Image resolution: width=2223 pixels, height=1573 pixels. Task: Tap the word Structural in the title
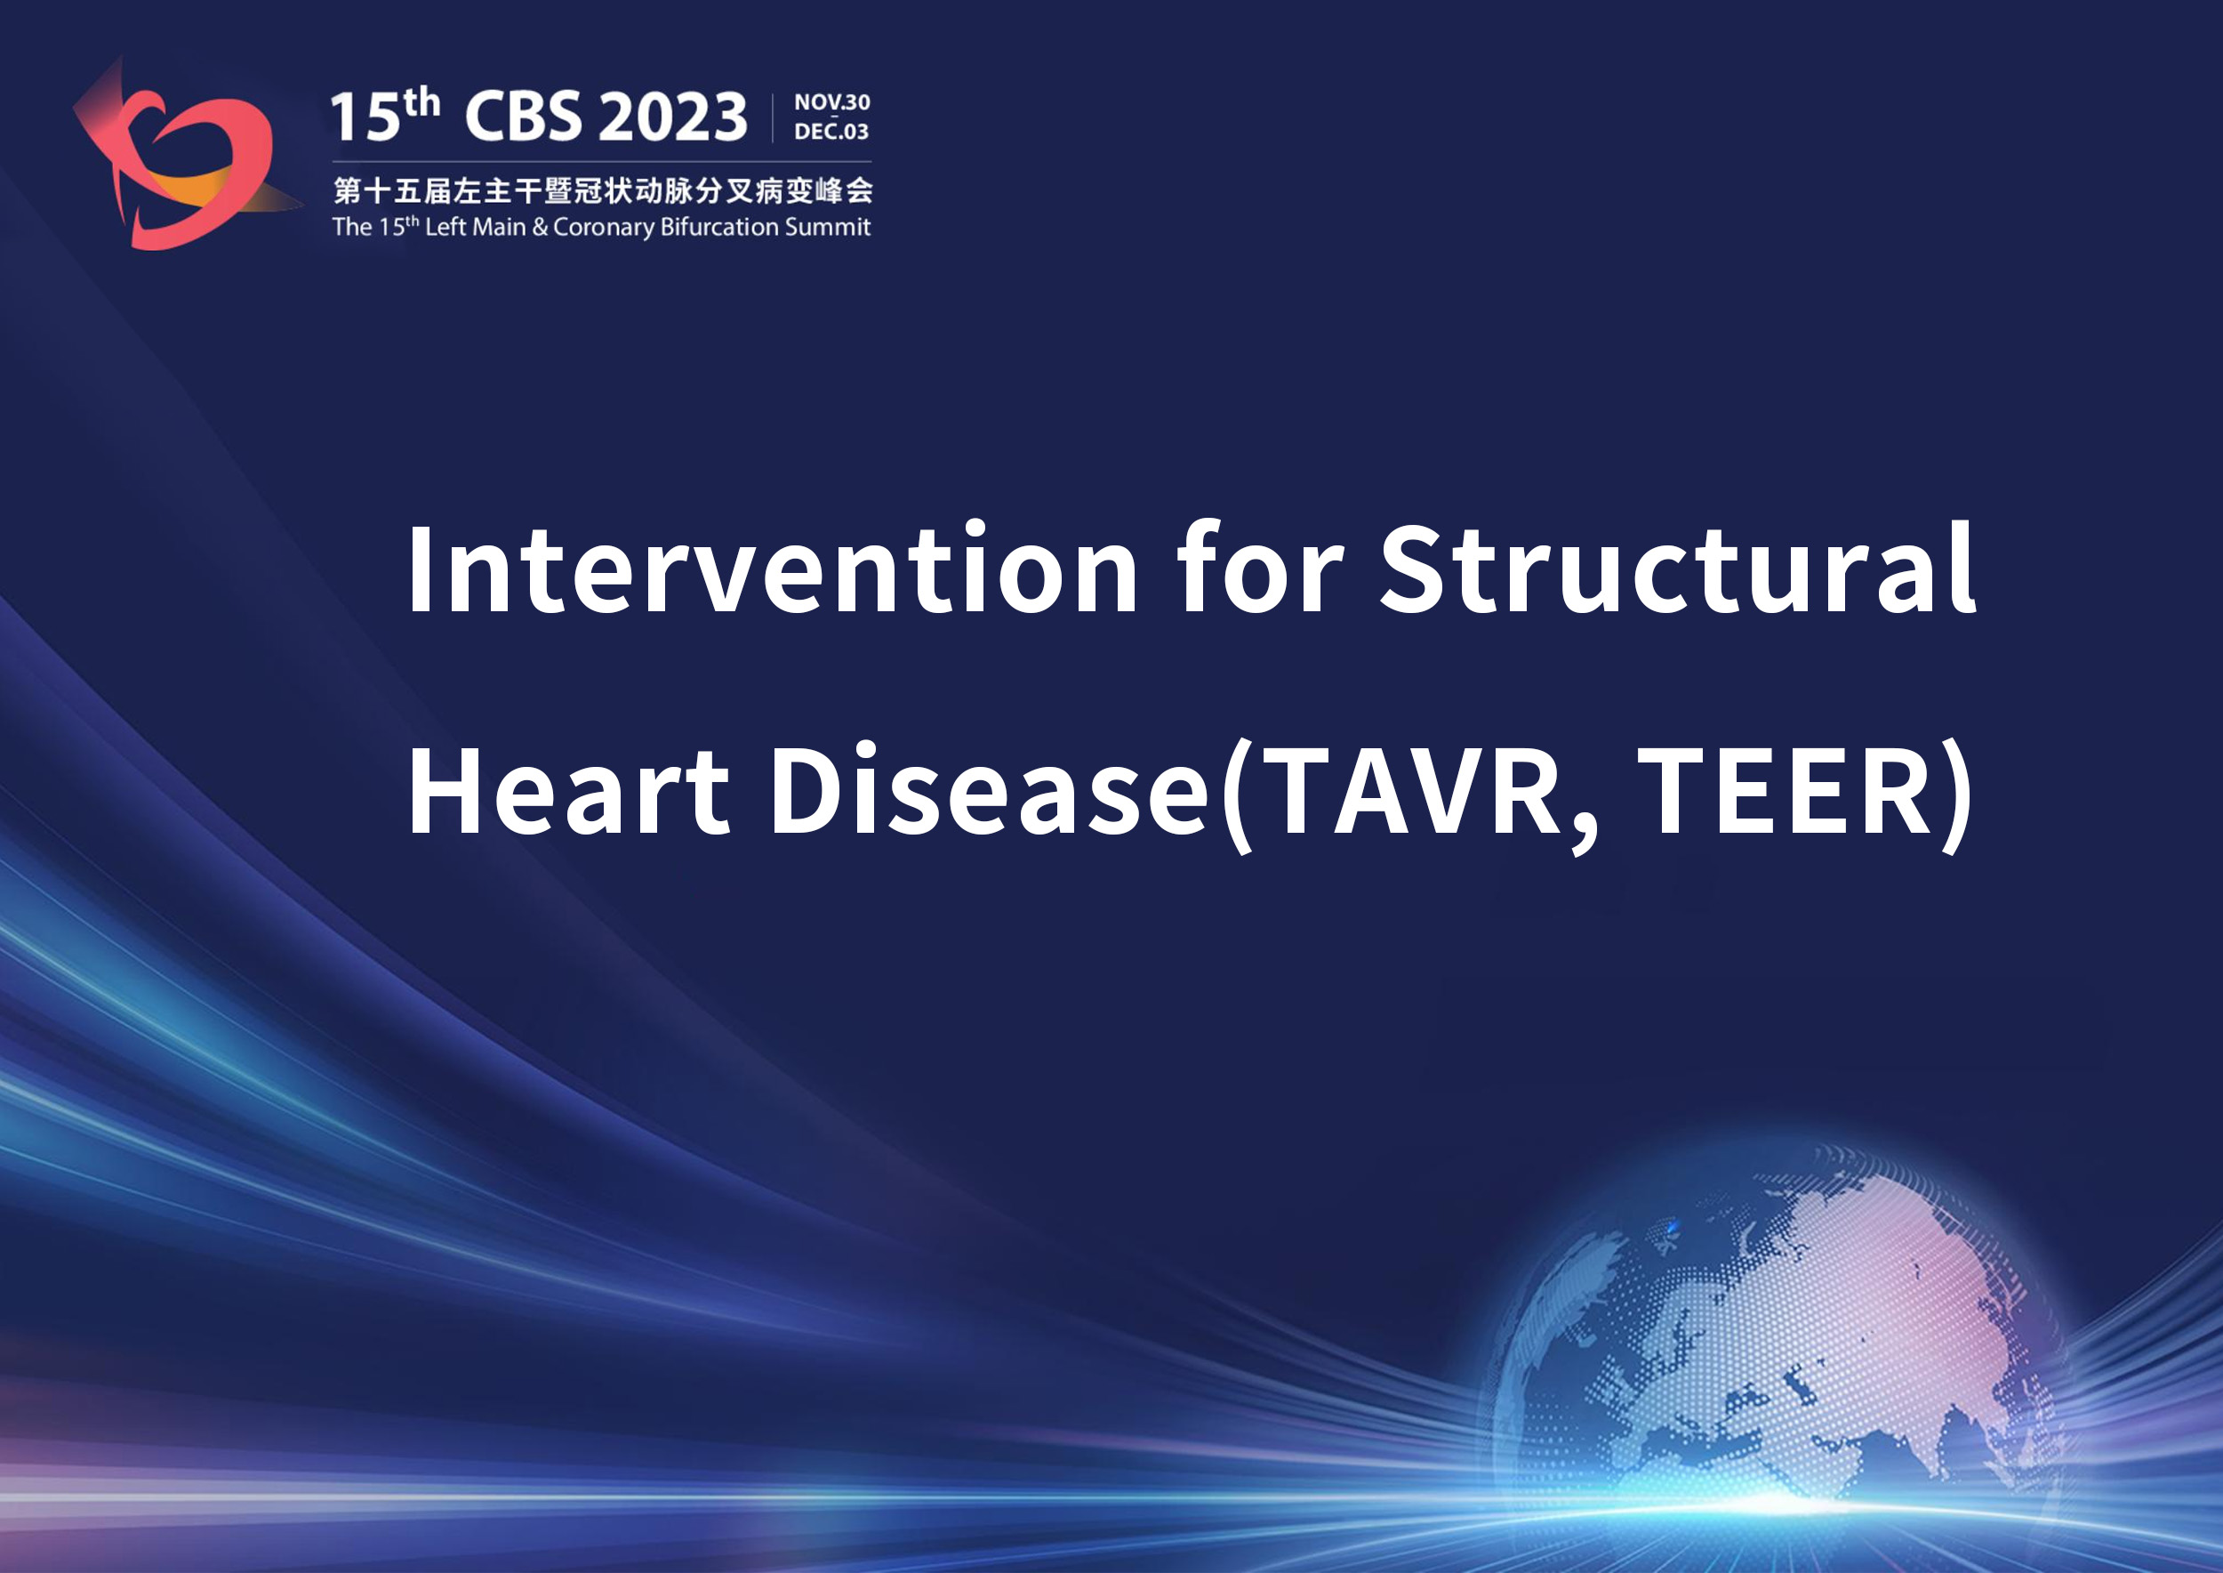[x=1677, y=569]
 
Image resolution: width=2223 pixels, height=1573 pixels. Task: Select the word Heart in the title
[x=569, y=789]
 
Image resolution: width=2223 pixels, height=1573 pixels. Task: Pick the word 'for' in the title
[x=1260, y=569]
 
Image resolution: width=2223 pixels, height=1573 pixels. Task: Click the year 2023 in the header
[x=673, y=117]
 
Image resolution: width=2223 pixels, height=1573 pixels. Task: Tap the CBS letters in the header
[x=524, y=117]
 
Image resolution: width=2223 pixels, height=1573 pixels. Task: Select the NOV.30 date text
[x=831, y=101]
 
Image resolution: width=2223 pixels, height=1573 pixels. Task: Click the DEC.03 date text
[x=831, y=131]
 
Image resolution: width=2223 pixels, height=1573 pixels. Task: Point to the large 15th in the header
[x=384, y=114]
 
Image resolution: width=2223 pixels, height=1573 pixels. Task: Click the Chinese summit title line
[x=602, y=190]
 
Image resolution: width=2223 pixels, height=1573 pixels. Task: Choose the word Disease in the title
[x=989, y=789]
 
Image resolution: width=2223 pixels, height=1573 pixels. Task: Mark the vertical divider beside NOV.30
[x=773, y=118]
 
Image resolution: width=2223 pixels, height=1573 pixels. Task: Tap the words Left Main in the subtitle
[x=476, y=227]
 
